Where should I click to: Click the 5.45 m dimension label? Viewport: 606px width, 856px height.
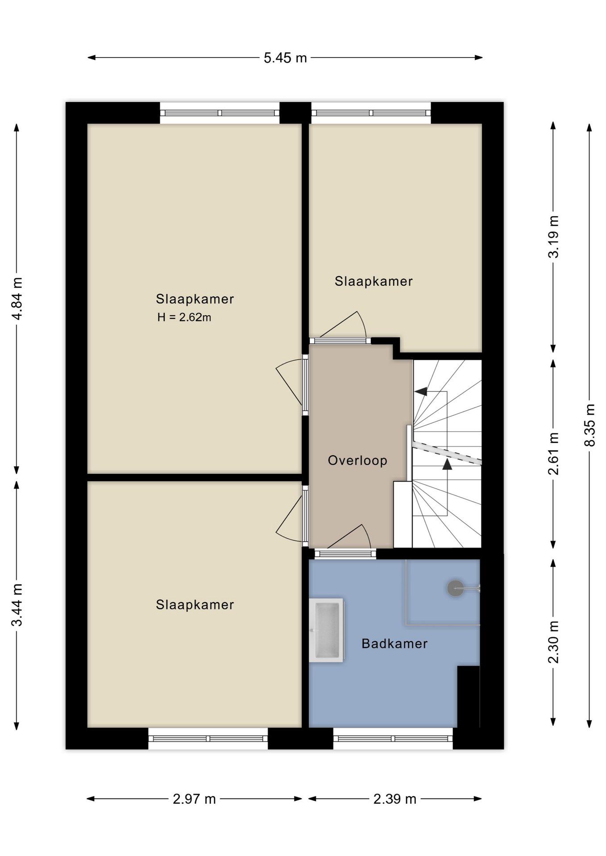pyautogui.click(x=285, y=58)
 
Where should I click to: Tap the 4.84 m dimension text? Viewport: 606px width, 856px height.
pyautogui.click(x=17, y=298)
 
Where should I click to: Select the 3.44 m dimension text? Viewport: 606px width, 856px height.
pyautogui.click(x=17, y=605)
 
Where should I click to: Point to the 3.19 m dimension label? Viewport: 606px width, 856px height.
pyautogui.click(x=553, y=237)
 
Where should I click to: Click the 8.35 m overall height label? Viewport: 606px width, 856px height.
pyautogui.click(x=589, y=425)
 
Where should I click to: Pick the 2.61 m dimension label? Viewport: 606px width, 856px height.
pyautogui.click(x=553, y=453)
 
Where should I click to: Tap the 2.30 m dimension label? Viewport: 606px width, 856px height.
pyautogui.click(x=553, y=642)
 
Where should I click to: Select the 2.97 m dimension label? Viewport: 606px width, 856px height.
pyautogui.click(x=194, y=799)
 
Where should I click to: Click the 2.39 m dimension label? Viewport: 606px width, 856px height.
pyautogui.click(x=395, y=799)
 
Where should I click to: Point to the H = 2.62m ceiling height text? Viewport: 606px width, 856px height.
pyautogui.click(x=184, y=317)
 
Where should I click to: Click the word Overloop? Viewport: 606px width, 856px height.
pyautogui.click(x=357, y=461)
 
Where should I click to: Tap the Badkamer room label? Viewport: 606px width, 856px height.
pyautogui.click(x=394, y=643)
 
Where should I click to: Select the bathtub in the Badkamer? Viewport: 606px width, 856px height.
pyautogui.click(x=326, y=630)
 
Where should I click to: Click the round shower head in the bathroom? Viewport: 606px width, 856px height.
pyautogui.click(x=455, y=588)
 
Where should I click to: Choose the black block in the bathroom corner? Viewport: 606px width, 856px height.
pyautogui.click(x=469, y=697)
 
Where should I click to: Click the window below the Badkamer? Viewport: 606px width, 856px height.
pyautogui.click(x=393, y=739)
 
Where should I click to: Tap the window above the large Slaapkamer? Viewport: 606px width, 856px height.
pyautogui.click(x=220, y=113)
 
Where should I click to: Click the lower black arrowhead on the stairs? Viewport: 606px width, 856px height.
pyautogui.click(x=447, y=465)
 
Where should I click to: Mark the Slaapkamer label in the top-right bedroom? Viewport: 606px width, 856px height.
pyautogui.click(x=374, y=281)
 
